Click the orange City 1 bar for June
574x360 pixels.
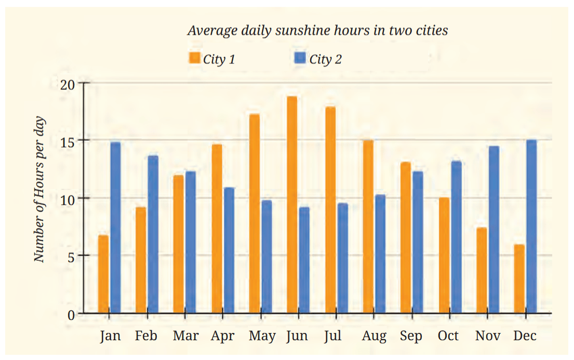[292, 205]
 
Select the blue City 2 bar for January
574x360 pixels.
[115, 228]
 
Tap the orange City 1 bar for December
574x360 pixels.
[519, 278]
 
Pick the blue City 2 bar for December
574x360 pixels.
[531, 226]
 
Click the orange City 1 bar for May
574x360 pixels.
[255, 214]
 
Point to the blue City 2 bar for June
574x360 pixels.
[304, 260]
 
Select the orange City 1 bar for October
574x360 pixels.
[444, 255]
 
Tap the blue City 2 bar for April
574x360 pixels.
[229, 250]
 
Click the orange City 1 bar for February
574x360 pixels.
[141, 260]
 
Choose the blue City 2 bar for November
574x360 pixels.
[493, 230]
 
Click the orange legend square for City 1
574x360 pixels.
[194, 58]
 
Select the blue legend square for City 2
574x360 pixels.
[300, 58]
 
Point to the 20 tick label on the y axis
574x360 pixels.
[68, 85]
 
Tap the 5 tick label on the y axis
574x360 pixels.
[71, 257]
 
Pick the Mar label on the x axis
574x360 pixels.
[185, 336]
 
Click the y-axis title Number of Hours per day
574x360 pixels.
[39, 189]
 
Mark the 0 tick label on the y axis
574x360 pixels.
[71, 315]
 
